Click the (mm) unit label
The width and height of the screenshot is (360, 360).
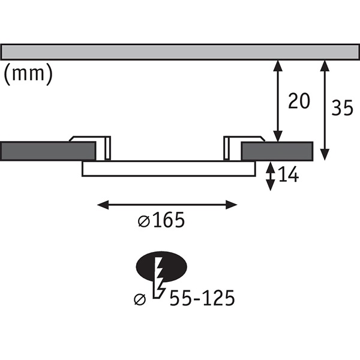click(28, 74)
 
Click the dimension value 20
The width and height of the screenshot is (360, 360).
click(299, 101)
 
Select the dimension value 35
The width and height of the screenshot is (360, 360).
click(342, 107)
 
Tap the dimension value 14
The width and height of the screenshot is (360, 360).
click(289, 174)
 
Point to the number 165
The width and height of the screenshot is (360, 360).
click(169, 220)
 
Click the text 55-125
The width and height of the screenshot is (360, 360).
click(202, 298)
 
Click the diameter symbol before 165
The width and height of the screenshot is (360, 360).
click(144, 222)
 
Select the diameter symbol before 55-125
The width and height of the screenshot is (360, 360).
click(140, 299)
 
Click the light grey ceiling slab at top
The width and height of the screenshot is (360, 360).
click(180, 52)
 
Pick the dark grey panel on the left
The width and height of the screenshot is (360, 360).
click(48, 151)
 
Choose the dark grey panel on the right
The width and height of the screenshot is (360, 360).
click(277, 151)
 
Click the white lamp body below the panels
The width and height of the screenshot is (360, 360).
click(169, 169)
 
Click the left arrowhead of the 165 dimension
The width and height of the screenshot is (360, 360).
click(103, 205)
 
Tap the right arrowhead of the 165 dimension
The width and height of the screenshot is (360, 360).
click(231, 205)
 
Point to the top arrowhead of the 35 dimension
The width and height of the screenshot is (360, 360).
click(325, 66)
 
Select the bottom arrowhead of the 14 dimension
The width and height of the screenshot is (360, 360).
click(271, 185)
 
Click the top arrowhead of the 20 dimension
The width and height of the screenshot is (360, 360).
click(278, 66)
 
